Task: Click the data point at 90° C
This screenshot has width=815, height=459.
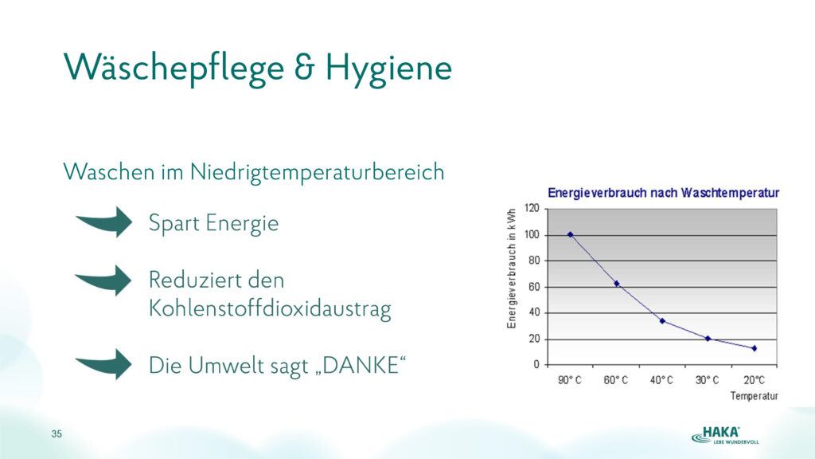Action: pos(570,235)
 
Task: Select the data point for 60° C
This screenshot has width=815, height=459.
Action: pos(617,284)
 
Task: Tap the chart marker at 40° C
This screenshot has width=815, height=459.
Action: pos(662,321)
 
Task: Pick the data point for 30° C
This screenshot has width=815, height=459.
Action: pos(708,339)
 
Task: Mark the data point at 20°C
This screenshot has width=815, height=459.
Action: pos(755,348)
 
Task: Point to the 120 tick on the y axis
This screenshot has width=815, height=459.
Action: pos(532,208)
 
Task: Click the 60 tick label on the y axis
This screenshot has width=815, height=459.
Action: pos(534,287)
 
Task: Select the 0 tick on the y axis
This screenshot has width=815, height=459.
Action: pos(537,365)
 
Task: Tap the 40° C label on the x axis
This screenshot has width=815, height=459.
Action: pos(661,380)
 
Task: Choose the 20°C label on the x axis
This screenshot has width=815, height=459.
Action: pos(755,380)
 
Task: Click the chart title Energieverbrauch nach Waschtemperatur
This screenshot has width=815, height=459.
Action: pos(664,193)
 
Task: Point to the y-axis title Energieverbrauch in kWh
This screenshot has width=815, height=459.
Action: pos(512,268)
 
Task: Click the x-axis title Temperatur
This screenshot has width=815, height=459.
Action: pos(755,396)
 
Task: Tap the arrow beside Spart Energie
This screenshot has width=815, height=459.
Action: pos(107,222)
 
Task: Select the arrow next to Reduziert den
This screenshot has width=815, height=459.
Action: pos(106,280)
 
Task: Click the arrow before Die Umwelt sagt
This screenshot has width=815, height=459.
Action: pos(106,364)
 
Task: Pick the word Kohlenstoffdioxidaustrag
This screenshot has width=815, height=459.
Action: pos(270,308)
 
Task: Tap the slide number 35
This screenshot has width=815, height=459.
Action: pos(57,434)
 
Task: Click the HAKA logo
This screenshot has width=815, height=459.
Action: pos(725,435)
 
